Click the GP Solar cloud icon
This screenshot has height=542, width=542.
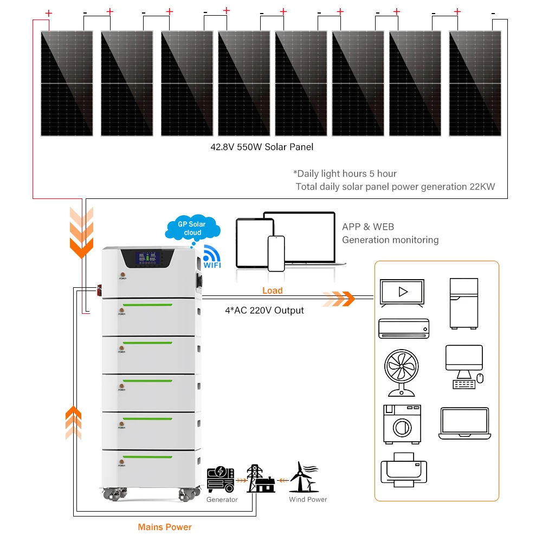192,228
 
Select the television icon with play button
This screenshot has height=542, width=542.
402,293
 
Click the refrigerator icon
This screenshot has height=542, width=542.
464,304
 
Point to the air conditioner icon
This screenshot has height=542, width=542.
404,328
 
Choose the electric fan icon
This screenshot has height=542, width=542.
401,371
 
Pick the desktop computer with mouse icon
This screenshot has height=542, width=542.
464,366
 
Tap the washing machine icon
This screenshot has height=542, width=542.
402,423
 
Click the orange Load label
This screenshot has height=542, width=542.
272,291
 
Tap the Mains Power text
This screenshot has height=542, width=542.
165,527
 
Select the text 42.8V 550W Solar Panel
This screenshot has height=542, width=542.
262,147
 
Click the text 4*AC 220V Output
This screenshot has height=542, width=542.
264,311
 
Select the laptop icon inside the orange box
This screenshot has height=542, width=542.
464,423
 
